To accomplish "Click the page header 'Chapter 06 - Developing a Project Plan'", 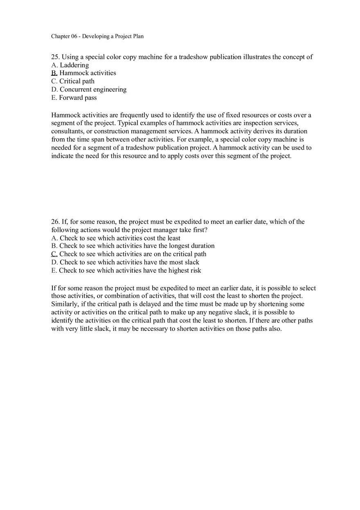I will [97, 36].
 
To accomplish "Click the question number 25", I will [55, 57].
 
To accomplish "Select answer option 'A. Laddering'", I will [70, 65].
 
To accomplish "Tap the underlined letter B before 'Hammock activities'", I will [54, 73].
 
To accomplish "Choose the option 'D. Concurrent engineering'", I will [89, 90].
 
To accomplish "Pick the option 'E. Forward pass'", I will [74, 98].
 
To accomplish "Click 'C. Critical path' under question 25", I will [73, 81].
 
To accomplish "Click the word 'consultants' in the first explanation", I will [67, 131].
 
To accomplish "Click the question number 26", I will [55, 222].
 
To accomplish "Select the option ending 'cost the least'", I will [116, 238].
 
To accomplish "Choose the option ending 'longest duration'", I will [133, 246].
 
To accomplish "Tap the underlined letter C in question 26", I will [54, 254].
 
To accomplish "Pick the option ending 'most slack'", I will [125, 262].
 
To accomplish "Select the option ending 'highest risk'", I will [126, 270].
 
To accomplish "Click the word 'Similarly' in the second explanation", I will [65, 304].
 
